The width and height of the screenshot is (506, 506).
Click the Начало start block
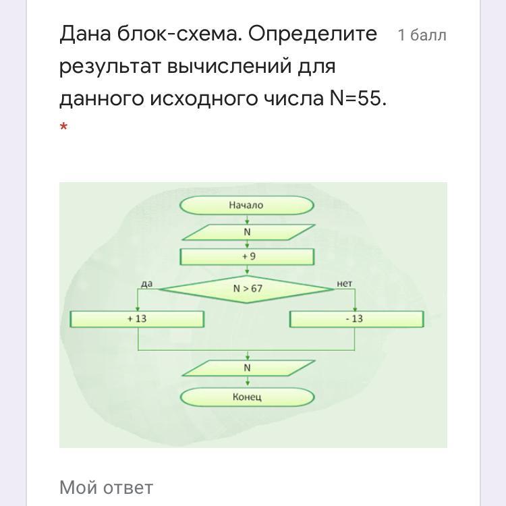(x=247, y=205)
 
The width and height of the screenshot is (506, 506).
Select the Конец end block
(x=247, y=397)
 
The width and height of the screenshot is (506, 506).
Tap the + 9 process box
(x=247, y=257)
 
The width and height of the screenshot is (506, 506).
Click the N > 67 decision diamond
(x=247, y=289)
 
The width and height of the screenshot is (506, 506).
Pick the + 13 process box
(x=137, y=318)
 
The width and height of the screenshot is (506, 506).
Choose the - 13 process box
(x=356, y=318)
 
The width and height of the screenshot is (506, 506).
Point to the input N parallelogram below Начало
(x=247, y=232)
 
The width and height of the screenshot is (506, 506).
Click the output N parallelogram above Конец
(x=247, y=368)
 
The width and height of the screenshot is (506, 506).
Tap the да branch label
(x=147, y=284)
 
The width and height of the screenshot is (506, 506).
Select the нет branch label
(x=344, y=284)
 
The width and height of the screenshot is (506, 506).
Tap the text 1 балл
(x=422, y=35)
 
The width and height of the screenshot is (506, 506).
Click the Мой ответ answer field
(x=107, y=487)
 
